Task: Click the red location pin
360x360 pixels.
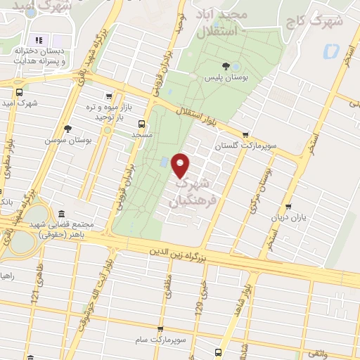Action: pos(181,165)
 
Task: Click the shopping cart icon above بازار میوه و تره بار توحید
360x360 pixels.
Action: pos(108,97)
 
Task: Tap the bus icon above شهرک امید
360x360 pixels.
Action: pos(19,92)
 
